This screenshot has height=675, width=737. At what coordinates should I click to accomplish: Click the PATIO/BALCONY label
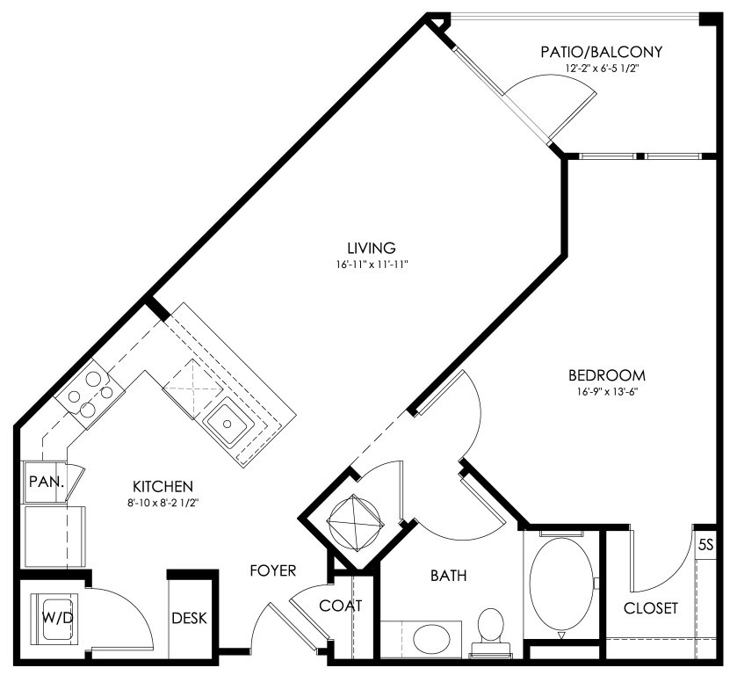tap(601, 52)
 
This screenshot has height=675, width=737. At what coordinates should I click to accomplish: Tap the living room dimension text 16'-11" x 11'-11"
tap(371, 265)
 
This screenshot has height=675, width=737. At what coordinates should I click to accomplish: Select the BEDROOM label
tap(607, 375)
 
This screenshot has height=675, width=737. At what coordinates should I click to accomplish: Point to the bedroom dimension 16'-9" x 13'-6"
tap(607, 392)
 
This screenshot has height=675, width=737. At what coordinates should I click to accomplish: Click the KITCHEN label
tap(163, 486)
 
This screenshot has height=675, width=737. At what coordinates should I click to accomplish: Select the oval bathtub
tap(561, 584)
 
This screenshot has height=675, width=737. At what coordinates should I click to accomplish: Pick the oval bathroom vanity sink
tap(432, 639)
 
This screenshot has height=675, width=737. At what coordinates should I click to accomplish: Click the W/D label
tap(58, 618)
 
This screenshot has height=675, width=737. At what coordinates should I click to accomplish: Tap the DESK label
tap(189, 618)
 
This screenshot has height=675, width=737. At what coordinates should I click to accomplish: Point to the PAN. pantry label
tap(46, 482)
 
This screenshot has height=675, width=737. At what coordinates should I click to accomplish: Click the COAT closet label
tap(341, 606)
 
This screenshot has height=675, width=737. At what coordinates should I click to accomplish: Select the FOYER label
tap(273, 570)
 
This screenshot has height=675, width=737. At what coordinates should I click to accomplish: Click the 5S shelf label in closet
tap(706, 545)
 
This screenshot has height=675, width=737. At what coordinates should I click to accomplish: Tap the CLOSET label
tap(651, 608)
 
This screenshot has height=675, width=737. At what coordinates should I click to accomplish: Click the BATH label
tap(449, 576)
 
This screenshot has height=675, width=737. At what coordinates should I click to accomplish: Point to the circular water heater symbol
tap(356, 523)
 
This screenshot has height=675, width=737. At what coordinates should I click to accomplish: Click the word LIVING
tap(372, 248)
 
